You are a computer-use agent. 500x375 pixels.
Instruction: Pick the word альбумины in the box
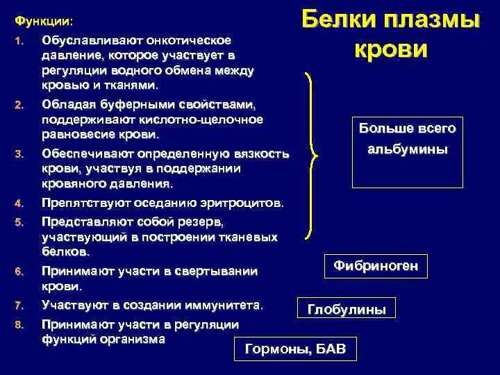408,149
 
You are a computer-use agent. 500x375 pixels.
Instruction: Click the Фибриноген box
376,266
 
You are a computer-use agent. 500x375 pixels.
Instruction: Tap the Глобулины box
347,310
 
